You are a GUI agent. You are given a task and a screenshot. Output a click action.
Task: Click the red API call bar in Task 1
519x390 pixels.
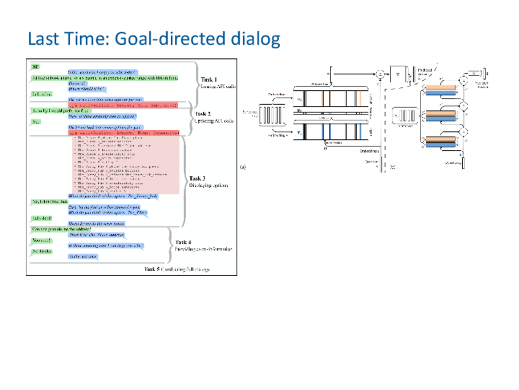(x=122, y=105)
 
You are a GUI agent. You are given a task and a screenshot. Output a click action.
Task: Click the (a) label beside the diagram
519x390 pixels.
(x=243, y=166)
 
